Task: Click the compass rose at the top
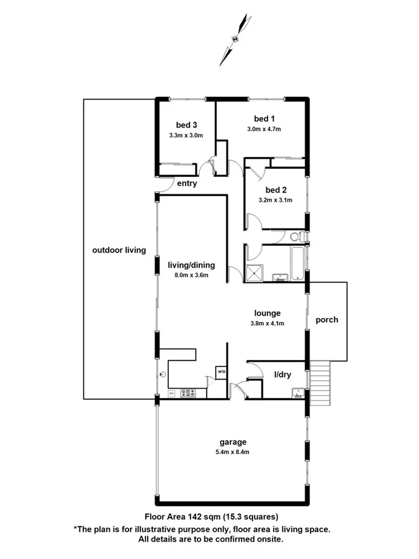pos(235,39)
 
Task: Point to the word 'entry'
pos(187,183)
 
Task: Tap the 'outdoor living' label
pos(119,250)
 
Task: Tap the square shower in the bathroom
pos(255,273)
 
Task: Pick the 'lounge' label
pos(268,313)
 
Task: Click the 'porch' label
pos(327,320)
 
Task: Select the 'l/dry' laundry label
pos(283,374)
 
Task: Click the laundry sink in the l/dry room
pos(297,392)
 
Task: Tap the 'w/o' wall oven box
pos(220,372)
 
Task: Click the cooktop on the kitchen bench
pos(188,393)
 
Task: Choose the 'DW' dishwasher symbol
pos(171,394)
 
